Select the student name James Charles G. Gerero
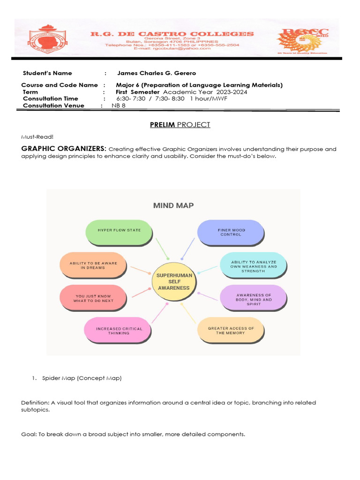click(x=156, y=73)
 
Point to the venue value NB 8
click(x=119, y=105)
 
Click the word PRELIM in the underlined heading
click(x=162, y=125)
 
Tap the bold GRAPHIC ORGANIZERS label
click(x=64, y=149)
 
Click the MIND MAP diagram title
click(x=173, y=205)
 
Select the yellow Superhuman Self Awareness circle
click(x=173, y=281)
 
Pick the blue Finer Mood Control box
click(x=230, y=232)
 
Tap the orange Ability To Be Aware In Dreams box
click(x=93, y=266)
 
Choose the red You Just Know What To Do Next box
click(x=93, y=298)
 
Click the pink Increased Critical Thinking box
click(x=119, y=330)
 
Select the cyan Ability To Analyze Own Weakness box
click(x=254, y=266)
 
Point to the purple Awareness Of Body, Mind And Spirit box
click(x=254, y=299)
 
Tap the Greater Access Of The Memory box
click(x=230, y=330)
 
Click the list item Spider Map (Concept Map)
click(x=82, y=378)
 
